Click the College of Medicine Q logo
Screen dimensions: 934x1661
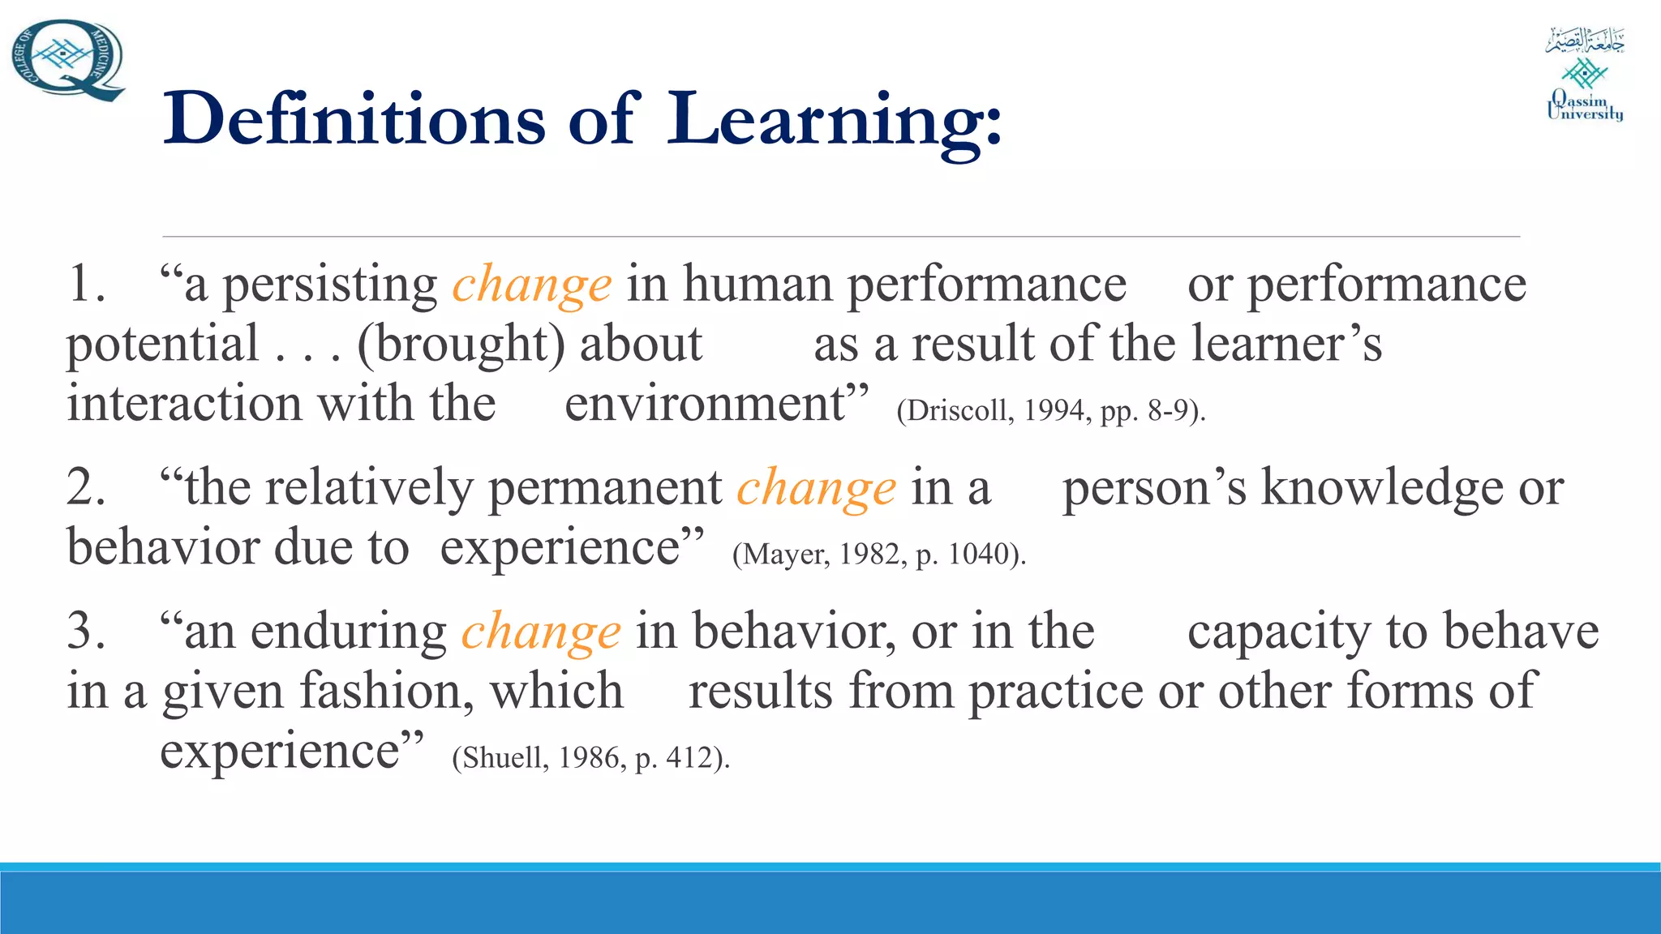68,59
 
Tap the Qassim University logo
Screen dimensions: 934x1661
1585,75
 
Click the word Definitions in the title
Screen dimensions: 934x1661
354,119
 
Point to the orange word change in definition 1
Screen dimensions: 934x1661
531,285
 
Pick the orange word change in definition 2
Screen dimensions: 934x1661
816,489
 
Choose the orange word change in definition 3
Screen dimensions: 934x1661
541,632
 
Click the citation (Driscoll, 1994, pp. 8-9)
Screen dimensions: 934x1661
1051,411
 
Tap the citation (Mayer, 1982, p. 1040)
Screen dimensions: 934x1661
879,555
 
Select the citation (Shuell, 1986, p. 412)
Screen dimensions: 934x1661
591,758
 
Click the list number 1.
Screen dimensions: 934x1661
86,285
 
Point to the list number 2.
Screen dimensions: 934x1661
86,489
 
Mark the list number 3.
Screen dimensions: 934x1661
86,632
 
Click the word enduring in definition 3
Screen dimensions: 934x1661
349,632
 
